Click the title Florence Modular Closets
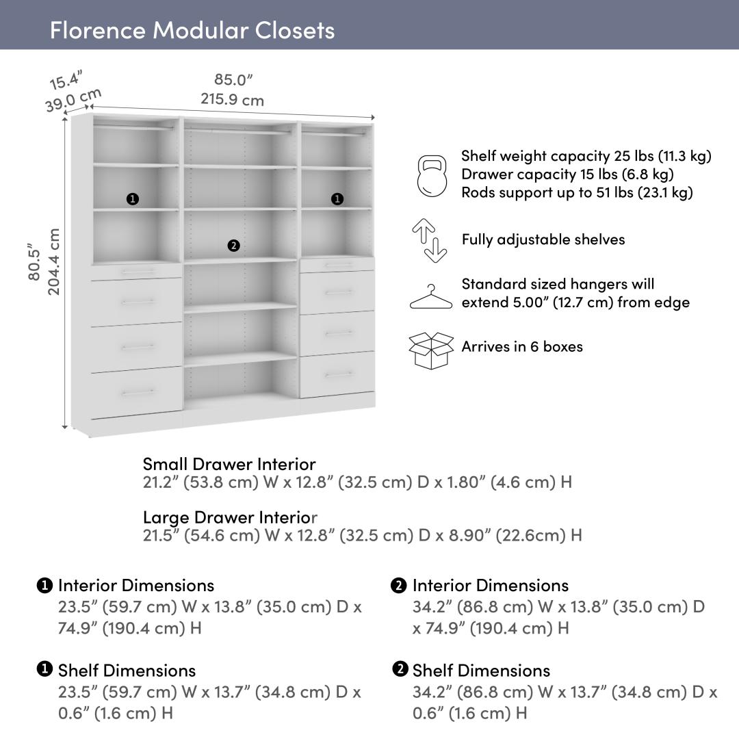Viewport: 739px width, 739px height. [x=192, y=30]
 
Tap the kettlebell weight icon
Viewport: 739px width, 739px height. [x=431, y=175]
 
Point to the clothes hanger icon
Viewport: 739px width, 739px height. [x=431, y=297]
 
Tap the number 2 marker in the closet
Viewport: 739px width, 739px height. [x=233, y=246]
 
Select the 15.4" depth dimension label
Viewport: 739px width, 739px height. [x=66, y=80]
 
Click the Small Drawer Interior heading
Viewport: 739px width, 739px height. [x=229, y=465]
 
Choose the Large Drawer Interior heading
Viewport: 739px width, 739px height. [x=230, y=517]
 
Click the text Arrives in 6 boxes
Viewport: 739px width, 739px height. [x=522, y=346]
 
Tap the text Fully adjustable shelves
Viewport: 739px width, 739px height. [x=543, y=239]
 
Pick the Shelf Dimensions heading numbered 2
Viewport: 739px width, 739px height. [x=481, y=671]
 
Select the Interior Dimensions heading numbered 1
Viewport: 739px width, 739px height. [x=135, y=586]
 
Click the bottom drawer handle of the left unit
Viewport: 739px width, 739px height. [x=138, y=393]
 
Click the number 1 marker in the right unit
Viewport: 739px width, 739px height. [x=337, y=199]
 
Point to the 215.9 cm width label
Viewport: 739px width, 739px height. [x=232, y=100]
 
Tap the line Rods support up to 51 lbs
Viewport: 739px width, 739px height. [x=577, y=192]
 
